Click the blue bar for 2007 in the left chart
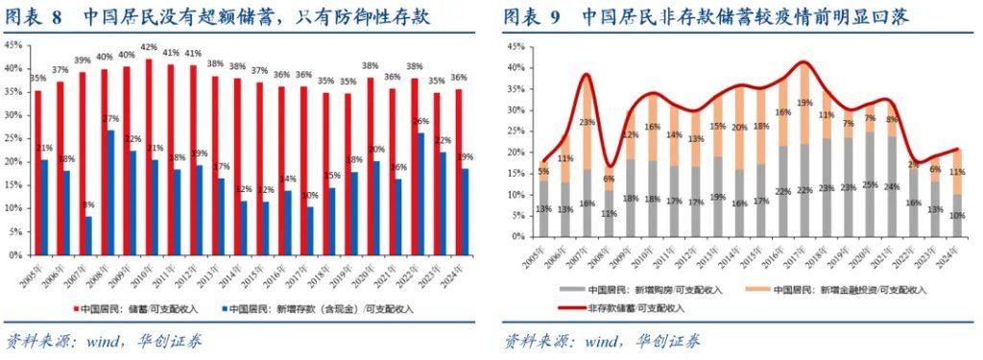[x=88, y=236]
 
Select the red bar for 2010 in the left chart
[x=149, y=157]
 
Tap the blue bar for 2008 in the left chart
[x=110, y=193]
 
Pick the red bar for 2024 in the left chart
[x=460, y=173]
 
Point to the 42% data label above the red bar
[x=149, y=47]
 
